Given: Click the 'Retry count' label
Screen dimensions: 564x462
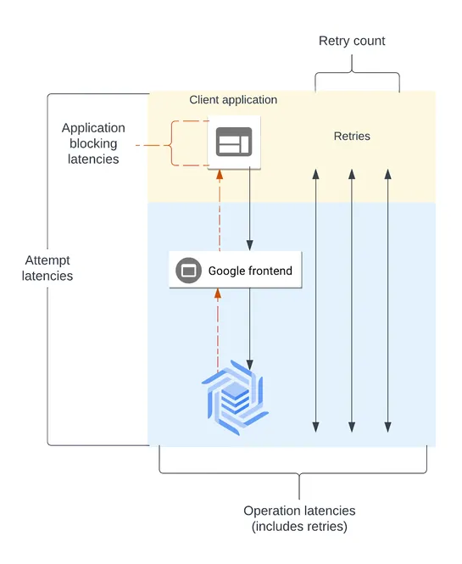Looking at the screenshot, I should click(x=351, y=41).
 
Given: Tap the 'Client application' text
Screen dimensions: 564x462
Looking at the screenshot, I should click(x=233, y=100).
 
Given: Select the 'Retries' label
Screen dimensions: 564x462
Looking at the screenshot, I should click(x=351, y=136).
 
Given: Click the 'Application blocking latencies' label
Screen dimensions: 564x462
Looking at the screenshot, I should click(x=93, y=143).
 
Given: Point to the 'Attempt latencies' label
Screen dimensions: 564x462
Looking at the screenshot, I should click(x=47, y=268).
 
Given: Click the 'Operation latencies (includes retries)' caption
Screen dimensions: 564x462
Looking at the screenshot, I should click(x=299, y=518).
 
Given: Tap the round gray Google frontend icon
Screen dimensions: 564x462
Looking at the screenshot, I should click(x=187, y=271).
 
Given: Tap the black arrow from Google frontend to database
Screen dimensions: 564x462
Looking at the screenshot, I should click(x=249, y=327).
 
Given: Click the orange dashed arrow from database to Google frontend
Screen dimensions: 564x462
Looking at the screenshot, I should click(x=219, y=331).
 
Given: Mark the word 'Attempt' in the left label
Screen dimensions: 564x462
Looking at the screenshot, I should click(x=47, y=260).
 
